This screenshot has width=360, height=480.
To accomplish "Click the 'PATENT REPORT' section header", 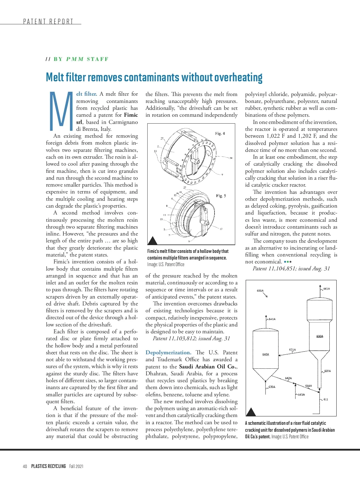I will pos(48,22).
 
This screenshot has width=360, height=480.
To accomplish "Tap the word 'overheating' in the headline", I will pos(238,77).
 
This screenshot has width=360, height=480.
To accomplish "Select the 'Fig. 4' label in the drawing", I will pos(220,133).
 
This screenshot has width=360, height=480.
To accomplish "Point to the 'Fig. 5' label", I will pos(221,196).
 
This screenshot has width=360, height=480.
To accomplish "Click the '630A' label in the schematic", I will pos(320,336).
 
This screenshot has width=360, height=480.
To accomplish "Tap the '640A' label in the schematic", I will pos(265,354).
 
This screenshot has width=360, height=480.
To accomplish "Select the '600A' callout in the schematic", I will pos(260,290).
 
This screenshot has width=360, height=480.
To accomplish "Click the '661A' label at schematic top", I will pos(326,289).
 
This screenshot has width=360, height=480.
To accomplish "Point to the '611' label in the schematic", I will pos(326,399).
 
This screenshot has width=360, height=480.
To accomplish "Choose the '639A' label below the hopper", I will pos(272,387).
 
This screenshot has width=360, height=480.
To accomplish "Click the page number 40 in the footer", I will pos(25,466).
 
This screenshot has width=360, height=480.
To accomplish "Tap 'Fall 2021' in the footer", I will pos(76,466).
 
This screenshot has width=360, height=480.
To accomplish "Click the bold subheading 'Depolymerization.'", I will pos(168,352).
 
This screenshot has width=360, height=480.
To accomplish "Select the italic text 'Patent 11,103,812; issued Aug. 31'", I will pos(191,338).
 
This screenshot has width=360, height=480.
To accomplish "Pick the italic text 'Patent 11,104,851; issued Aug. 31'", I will pos(291,268).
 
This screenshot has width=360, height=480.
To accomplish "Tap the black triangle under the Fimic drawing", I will pos(153,240).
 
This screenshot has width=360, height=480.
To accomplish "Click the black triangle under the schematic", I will pos(251,412).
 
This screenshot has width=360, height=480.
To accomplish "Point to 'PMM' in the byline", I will pos(75,59).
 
